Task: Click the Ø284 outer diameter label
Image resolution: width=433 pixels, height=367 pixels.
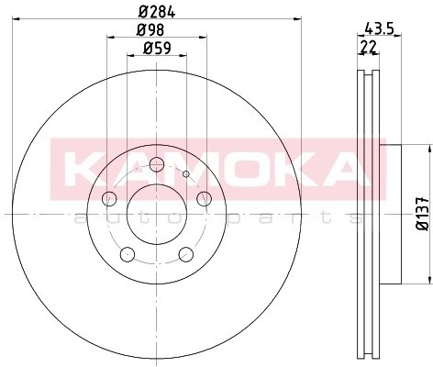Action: (x=156, y=13)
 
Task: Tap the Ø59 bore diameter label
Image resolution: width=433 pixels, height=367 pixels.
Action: (x=156, y=51)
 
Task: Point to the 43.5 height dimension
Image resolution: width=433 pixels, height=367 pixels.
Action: (x=373, y=29)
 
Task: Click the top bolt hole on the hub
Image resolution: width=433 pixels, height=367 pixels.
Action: (x=156, y=164)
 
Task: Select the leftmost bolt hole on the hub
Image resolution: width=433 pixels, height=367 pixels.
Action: (x=110, y=197)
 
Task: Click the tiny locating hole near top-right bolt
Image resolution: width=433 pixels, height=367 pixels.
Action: (x=185, y=173)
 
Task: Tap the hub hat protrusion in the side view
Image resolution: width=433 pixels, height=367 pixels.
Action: (x=393, y=212)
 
